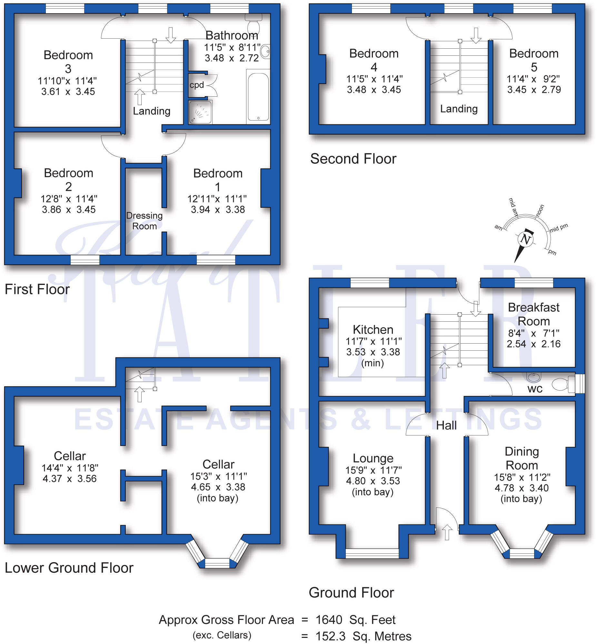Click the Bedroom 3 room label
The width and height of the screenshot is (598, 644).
[x=68, y=62]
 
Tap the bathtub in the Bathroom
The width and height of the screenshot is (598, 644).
[x=258, y=97]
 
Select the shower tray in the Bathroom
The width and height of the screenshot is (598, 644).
[x=200, y=112]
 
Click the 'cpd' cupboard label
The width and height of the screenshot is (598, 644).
[x=197, y=85]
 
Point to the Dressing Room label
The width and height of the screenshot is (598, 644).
[x=144, y=221]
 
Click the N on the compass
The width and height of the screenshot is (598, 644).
[x=525, y=239]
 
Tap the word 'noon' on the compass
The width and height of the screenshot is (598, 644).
[x=540, y=210]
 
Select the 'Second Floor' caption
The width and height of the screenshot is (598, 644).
[x=353, y=159]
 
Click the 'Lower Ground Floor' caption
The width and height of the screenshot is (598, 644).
[x=69, y=568]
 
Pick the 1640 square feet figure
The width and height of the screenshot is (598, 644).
[x=329, y=620]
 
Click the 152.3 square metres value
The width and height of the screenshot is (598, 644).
[x=330, y=636]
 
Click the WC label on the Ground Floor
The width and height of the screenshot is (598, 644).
[x=535, y=389]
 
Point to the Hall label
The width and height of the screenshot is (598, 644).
[x=446, y=425]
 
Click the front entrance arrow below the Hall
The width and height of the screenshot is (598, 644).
[x=447, y=532]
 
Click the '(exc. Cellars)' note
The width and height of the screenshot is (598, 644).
[x=222, y=635]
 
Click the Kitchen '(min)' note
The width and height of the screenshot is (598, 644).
[x=373, y=363]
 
